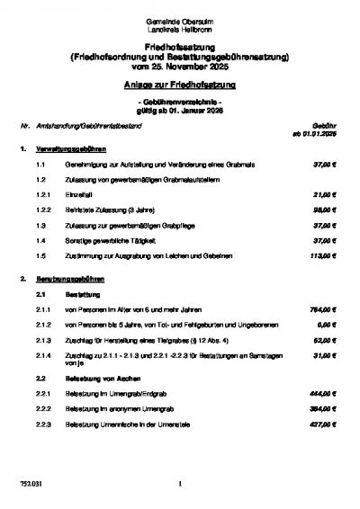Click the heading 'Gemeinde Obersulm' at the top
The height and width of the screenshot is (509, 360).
(x=180, y=20)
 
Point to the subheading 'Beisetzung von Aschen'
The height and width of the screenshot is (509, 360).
(x=95, y=380)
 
